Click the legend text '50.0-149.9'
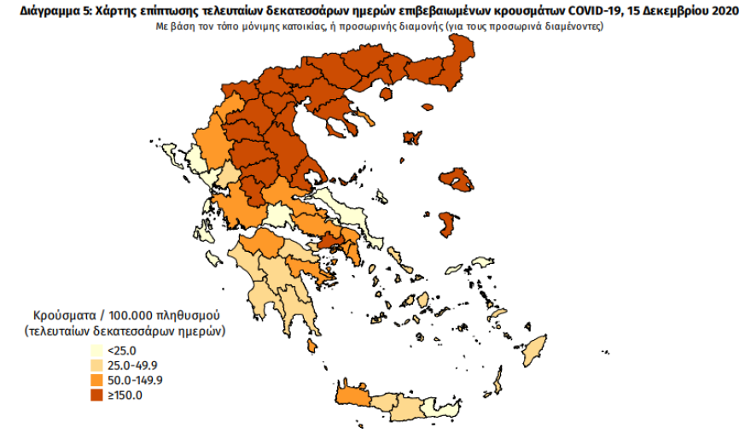pos(136,380)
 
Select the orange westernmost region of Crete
pos(352,398)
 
